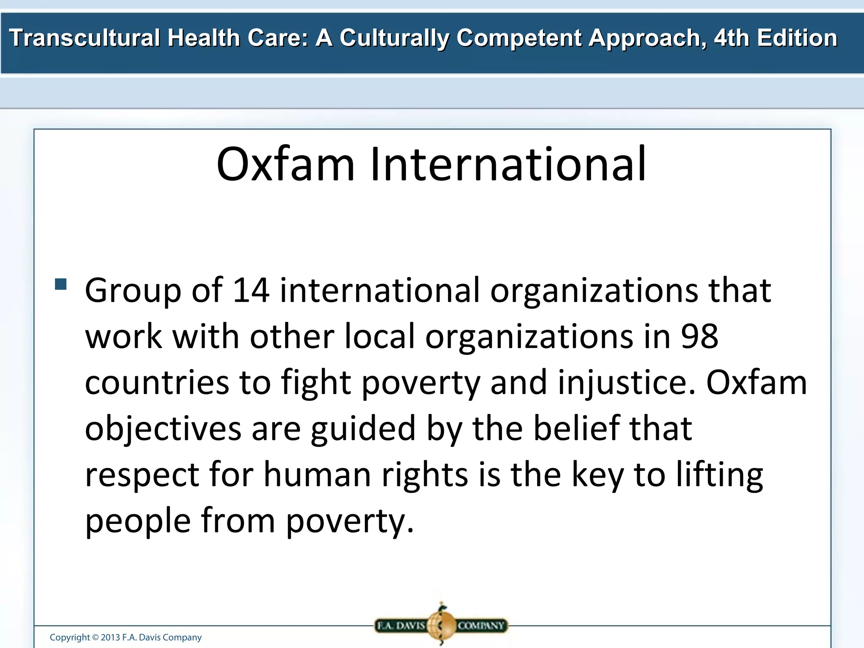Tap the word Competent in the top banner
pyautogui.click(x=519, y=38)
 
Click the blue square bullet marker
pyautogui.click(x=61, y=284)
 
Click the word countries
pyautogui.click(x=157, y=382)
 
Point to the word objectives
pyautogui.click(x=163, y=429)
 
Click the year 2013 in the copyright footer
pyautogui.click(x=110, y=637)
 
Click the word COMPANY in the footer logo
pyautogui.click(x=481, y=626)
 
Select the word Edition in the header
pyautogui.click(x=797, y=38)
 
